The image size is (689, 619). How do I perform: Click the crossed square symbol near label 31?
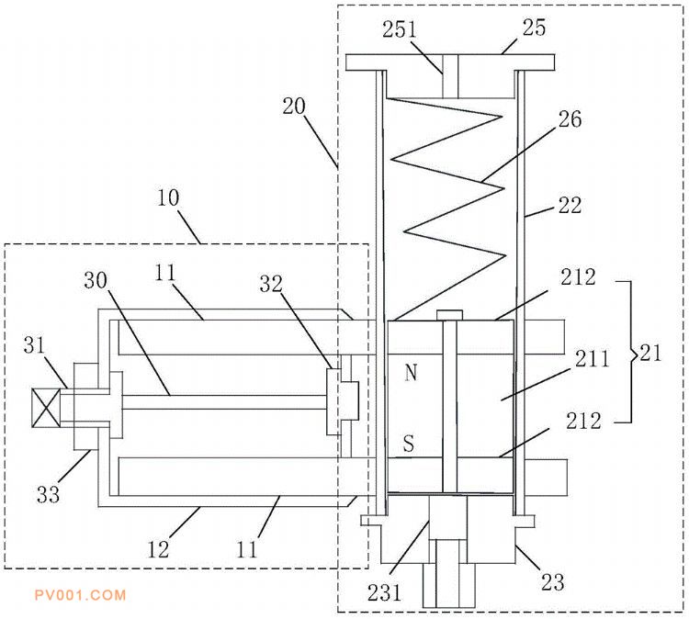coord(47,408)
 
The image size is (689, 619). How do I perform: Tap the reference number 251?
coord(400,30)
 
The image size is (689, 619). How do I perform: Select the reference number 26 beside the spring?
coord(570,119)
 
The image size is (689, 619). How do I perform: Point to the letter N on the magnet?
coord(411,373)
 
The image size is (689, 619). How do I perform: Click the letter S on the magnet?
coord(409,444)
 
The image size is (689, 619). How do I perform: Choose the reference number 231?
coord(385,592)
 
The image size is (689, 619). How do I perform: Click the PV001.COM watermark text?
coord(81,595)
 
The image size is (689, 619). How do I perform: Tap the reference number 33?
coord(48,495)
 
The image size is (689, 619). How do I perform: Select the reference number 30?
coord(96,280)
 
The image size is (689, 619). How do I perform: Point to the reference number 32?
coord(271,284)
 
